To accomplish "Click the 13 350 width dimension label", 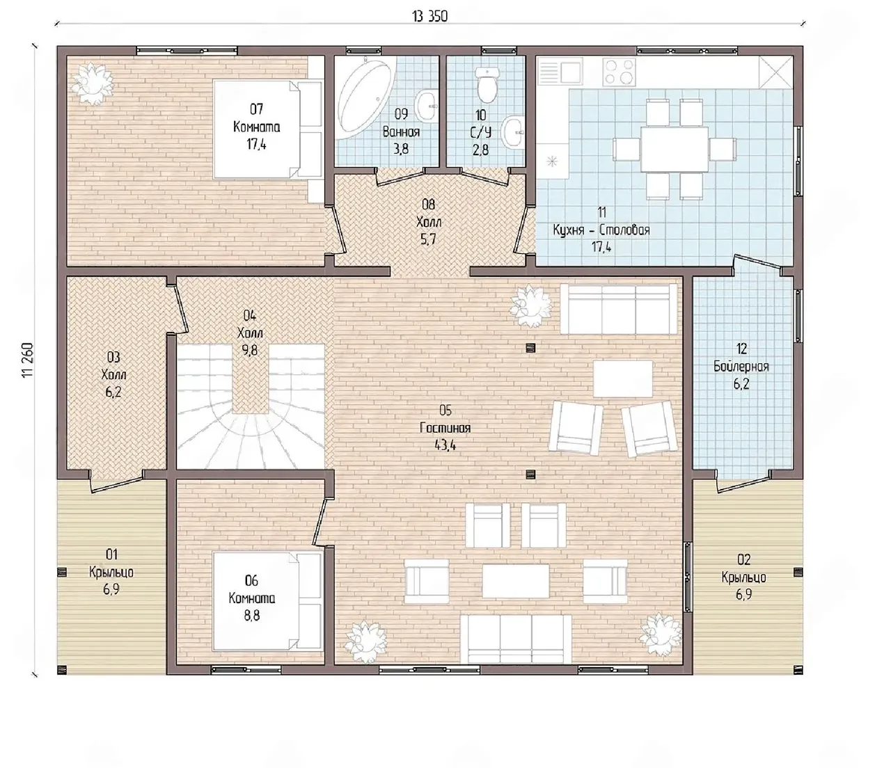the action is [429, 17].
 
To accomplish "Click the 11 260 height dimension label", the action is [27, 361].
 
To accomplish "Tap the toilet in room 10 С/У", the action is [487, 83].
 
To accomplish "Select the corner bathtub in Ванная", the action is [366, 98].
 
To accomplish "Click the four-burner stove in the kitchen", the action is [620, 71].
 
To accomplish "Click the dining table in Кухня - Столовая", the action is [675, 149].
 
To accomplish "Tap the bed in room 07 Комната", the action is [268, 129].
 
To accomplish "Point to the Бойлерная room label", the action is [741, 367].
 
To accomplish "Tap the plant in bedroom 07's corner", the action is [93, 83].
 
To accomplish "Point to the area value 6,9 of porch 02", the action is [743, 595].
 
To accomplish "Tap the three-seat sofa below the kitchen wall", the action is [618, 309].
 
